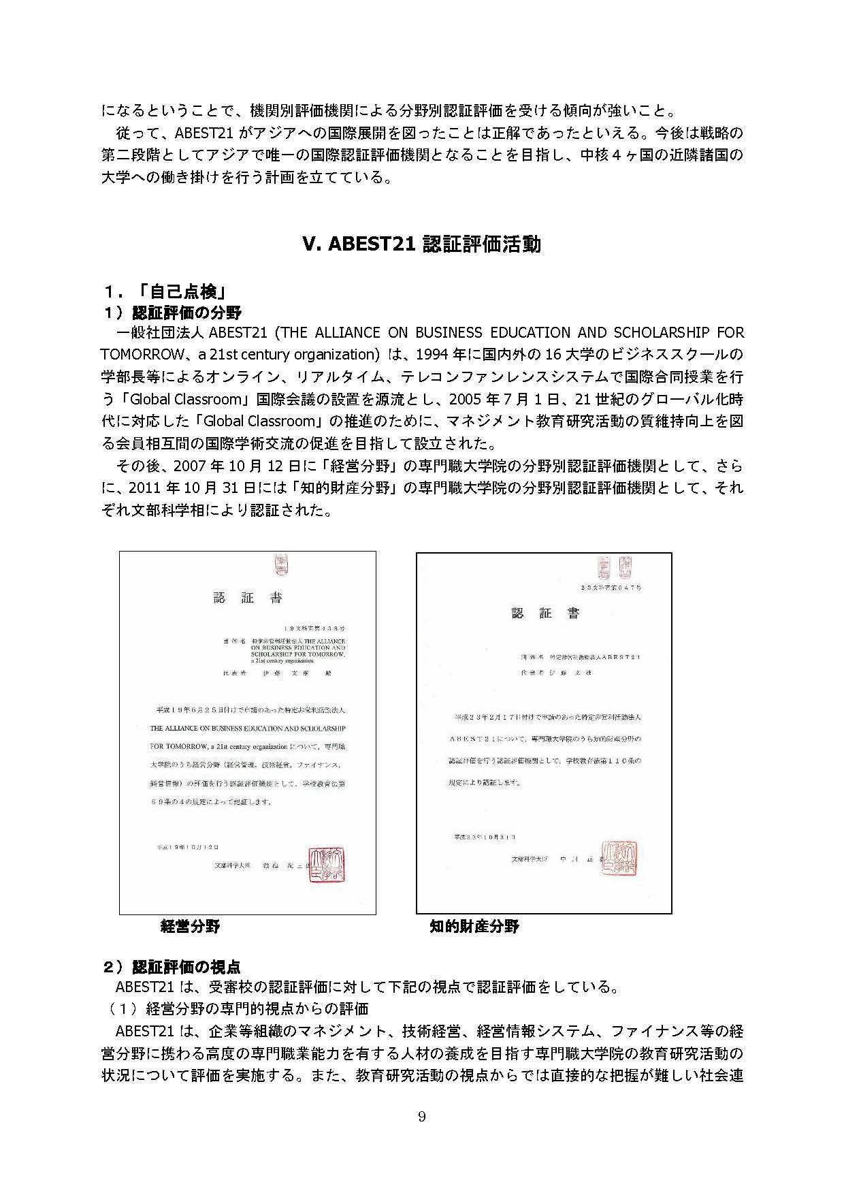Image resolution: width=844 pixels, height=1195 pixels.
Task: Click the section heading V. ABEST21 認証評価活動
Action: click(x=421, y=244)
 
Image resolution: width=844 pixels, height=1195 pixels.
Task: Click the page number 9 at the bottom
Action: click(x=422, y=1116)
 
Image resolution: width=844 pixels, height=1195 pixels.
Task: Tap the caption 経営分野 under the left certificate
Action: click(x=191, y=926)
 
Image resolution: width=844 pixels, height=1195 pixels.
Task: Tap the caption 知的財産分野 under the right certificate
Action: click(x=474, y=926)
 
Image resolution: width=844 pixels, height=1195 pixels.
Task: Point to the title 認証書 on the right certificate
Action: click(x=545, y=613)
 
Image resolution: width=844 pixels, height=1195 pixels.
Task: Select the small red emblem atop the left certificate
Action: click(x=280, y=564)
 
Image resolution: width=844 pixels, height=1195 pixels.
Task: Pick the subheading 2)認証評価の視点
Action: click(x=171, y=967)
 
